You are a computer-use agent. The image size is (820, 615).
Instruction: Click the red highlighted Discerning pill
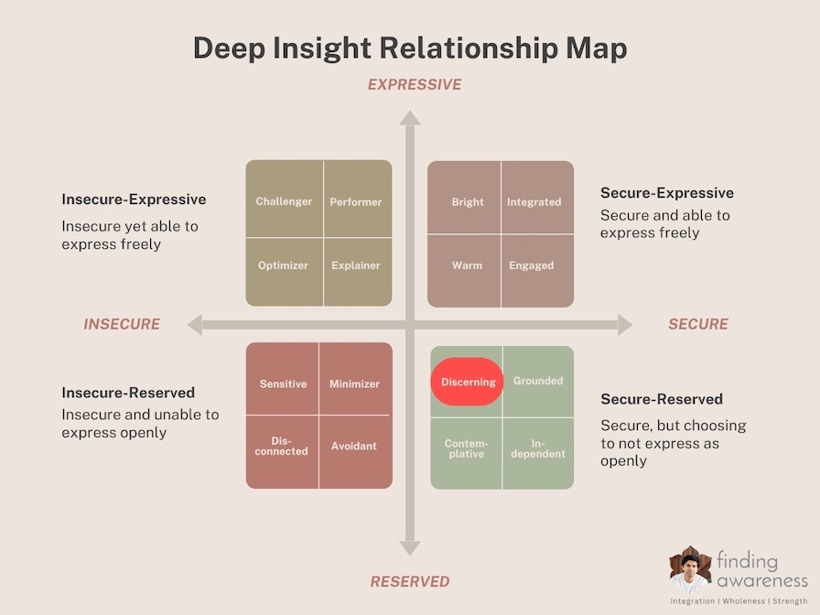click(467, 382)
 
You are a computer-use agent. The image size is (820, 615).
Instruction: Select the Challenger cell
click(284, 199)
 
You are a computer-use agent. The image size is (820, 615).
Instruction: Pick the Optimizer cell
click(284, 272)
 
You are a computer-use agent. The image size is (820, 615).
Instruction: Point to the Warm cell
click(464, 270)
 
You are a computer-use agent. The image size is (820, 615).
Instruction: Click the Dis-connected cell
click(282, 452)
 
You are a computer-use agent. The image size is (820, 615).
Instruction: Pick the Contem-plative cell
click(466, 454)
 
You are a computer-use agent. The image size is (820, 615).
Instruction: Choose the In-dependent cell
click(539, 454)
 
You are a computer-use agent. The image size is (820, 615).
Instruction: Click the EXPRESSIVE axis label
click(415, 85)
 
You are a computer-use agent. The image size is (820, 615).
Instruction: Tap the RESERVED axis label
click(410, 581)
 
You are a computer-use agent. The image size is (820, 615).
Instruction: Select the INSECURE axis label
click(122, 324)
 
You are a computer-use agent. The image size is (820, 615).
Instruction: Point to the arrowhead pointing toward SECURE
click(625, 325)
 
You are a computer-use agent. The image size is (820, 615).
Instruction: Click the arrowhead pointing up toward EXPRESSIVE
click(410, 118)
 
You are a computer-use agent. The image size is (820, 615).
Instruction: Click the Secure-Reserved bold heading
click(662, 399)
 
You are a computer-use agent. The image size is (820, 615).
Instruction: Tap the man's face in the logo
click(690, 566)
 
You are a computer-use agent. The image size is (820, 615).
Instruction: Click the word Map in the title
click(597, 49)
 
